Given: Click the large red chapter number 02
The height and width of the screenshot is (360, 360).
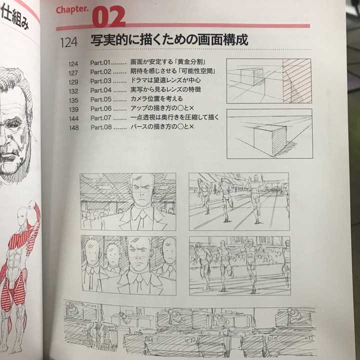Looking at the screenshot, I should click(108, 16).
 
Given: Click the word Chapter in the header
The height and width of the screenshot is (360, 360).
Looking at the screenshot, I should click(72, 10).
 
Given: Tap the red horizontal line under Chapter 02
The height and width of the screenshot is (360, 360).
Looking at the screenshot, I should click(200, 26).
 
